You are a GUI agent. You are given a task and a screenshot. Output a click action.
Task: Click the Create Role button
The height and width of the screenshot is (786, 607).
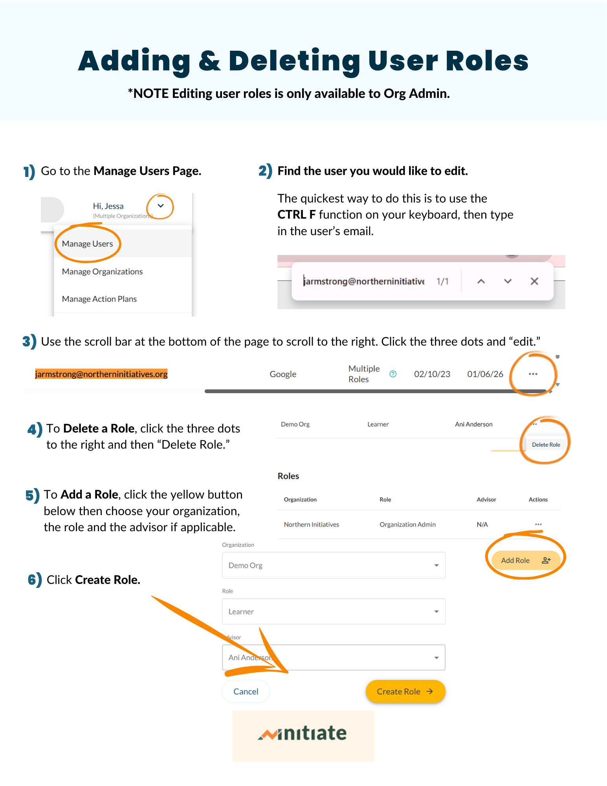[x=405, y=691]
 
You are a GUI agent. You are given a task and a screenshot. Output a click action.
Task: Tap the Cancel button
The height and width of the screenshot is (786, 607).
[x=246, y=691]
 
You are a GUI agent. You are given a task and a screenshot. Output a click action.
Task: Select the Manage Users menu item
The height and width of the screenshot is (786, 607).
[x=88, y=244]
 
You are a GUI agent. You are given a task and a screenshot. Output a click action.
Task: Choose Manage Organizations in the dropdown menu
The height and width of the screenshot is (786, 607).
[x=102, y=272]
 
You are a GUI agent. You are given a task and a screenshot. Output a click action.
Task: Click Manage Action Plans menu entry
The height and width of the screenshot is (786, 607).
[x=99, y=299]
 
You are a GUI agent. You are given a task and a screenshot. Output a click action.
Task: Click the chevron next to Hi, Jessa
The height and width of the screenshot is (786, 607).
[x=160, y=206]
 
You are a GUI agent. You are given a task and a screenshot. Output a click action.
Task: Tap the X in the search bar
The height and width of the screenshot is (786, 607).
[x=534, y=281]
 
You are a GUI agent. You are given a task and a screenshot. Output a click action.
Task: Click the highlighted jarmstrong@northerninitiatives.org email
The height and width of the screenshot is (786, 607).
[x=101, y=374]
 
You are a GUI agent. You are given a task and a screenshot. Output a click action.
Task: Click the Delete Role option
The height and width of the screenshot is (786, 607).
[x=546, y=445]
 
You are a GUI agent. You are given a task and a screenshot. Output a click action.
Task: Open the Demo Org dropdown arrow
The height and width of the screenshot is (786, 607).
[x=436, y=565]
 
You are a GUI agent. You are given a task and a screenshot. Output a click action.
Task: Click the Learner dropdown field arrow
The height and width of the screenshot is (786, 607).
[x=436, y=611]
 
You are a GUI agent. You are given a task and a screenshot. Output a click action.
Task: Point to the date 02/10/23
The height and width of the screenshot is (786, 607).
[x=432, y=374]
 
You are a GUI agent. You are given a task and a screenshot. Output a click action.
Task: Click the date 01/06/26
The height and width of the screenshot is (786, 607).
[x=485, y=374]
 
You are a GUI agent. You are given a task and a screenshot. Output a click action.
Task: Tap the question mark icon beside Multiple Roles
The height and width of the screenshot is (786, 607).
[x=393, y=374]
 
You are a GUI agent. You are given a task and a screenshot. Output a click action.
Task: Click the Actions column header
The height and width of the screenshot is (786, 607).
[x=538, y=499]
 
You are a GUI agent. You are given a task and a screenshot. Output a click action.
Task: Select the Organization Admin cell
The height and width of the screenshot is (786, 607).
[x=408, y=525]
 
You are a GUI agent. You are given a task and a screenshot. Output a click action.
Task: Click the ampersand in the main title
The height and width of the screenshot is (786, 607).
[x=210, y=61]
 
